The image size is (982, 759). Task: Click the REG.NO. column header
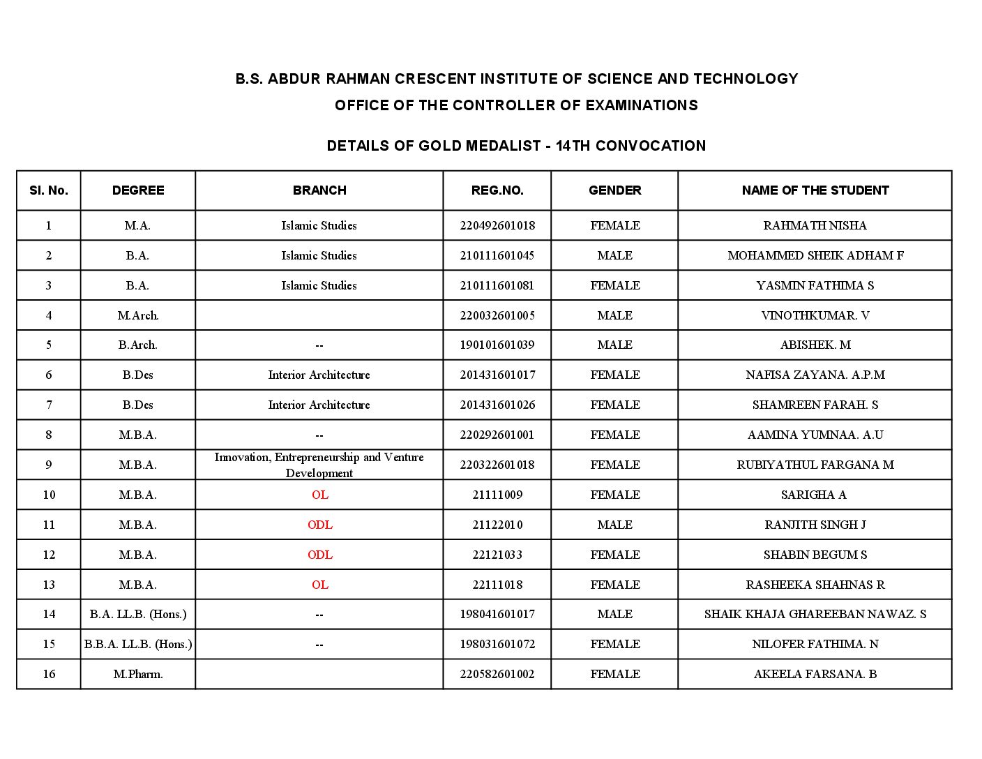[x=497, y=190]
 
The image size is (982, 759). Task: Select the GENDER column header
[x=614, y=190]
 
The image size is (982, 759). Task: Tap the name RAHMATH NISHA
[x=815, y=225]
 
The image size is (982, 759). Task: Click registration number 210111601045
[x=497, y=255]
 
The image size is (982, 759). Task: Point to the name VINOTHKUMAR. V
[x=815, y=315]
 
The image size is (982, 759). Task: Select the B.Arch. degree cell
[x=137, y=345]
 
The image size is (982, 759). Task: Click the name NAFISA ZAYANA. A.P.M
[x=815, y=375]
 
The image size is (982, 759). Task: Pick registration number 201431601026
[x=497, y=405]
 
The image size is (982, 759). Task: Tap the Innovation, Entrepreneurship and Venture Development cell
[x=319, y=465]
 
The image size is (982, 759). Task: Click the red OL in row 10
[x=319, y=495]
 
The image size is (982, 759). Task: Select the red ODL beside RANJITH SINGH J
[x=319, y=525]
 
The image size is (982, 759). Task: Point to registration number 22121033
[x=497, y=555]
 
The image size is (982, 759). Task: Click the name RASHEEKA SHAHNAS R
[x=815, y=585]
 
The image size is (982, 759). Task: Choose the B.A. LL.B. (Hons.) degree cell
[x=137, y=614]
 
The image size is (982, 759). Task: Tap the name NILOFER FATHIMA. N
[x=815, y=644]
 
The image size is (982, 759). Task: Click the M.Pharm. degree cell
[x=137, y=674]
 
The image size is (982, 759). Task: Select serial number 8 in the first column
[x=49, y=435]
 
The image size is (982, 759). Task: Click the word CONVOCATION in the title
[x=650, y=146]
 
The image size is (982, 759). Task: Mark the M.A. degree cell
[x=137, y=225]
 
